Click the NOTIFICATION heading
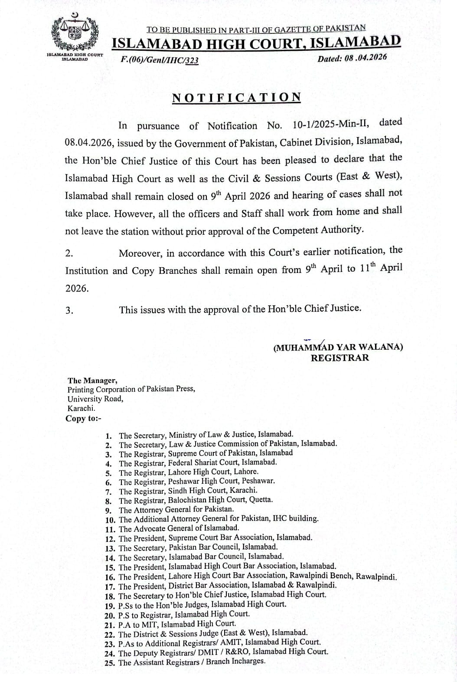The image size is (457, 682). pos(236,97)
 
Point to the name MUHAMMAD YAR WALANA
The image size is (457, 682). pos(338,348)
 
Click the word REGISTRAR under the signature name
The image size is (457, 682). pos(340,358)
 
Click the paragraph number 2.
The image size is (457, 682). pos(69,254)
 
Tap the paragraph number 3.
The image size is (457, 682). pos(69,311)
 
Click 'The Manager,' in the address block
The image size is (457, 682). pos(92,380)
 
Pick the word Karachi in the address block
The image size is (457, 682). pos(81,408)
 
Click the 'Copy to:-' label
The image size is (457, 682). pos(83,419)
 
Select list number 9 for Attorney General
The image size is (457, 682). pos(109,510)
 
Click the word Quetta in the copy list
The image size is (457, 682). pos(260,499)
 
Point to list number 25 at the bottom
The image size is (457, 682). pos(109,662)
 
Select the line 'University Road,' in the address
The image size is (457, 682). pos(95,399)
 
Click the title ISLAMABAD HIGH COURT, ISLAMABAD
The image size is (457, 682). pos(256,43)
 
